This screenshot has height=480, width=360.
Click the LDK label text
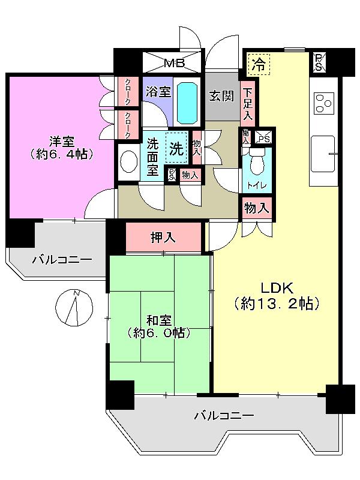(275, 286)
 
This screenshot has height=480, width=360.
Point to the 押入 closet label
(163, 238)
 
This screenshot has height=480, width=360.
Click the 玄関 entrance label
(221, 95)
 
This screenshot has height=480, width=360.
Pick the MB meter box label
(175, 62)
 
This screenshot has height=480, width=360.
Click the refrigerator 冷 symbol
(259, 64)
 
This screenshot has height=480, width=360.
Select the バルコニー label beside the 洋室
(61, 260)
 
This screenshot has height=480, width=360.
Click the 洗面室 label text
(154, 157)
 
